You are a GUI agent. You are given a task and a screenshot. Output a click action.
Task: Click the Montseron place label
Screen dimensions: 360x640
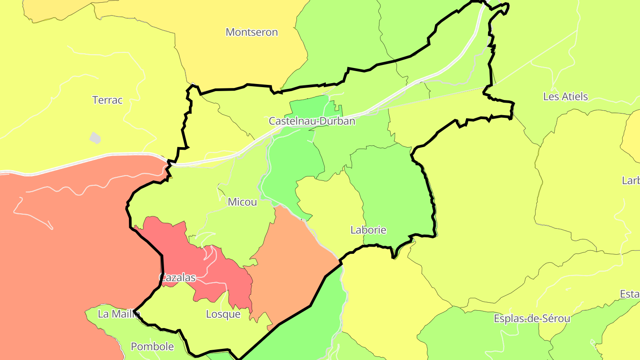(252, 32)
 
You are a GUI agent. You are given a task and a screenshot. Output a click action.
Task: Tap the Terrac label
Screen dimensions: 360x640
(107, 100)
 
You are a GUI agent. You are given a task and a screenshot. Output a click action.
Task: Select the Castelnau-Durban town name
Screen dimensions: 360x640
(312, 121)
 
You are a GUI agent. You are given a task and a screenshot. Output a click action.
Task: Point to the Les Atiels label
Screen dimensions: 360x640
(565, 96)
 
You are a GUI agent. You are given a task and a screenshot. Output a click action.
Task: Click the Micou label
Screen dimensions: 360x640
(242, 202)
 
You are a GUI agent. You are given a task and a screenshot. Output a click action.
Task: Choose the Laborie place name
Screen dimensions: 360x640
(368, 230)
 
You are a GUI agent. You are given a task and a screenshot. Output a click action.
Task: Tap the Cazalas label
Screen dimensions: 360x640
(177, 278)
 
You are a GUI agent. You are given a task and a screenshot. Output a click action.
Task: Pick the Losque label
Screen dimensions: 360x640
(223, 314)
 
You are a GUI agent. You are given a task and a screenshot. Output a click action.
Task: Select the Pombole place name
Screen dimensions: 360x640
(152, 346)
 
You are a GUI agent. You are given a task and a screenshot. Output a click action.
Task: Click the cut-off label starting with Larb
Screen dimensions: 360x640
(631, 180)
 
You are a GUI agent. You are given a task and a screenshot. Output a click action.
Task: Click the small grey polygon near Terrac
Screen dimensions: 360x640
(95, 138)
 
